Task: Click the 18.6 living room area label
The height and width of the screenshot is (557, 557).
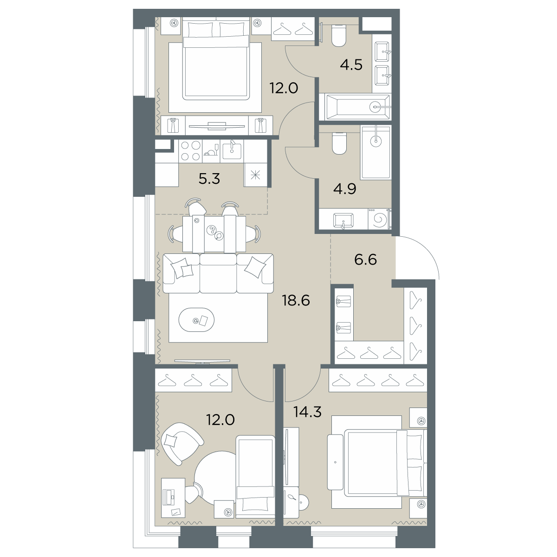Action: click(296, 301)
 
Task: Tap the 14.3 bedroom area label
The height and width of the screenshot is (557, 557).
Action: click(307, 412)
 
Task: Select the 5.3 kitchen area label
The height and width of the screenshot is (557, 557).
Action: click(209, 179)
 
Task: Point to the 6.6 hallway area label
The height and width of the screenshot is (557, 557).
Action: click(365, 259)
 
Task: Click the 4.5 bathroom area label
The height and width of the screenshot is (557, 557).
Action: click(351, 65)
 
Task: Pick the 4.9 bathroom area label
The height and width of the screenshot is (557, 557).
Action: click(344, 189)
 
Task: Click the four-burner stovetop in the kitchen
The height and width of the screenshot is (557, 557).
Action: click(190, 151)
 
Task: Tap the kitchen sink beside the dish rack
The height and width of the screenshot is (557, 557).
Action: click(232, 151)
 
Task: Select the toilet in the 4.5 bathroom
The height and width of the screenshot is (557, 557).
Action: click(339, 36)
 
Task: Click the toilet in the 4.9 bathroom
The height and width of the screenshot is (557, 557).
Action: click(339, 143)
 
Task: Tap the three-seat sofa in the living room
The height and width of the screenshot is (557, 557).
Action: click(218, 273)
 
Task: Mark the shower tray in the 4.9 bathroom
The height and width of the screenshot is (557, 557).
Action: click(376, 152)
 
